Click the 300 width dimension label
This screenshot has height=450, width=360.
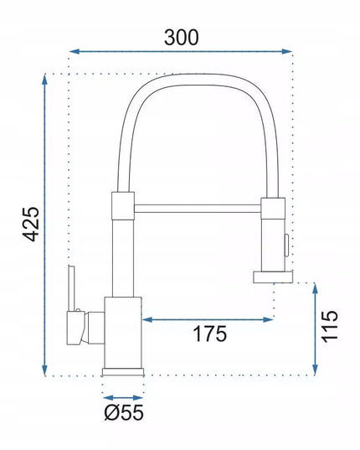tap(181, 38)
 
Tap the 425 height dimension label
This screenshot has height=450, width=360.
tap(31, 224)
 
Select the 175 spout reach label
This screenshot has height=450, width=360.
tap(210, 334)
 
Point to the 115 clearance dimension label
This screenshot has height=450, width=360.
tap(329, 326)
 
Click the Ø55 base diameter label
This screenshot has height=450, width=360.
tap(124, 412)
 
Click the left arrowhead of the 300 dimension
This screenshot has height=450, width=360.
tap(75, 51)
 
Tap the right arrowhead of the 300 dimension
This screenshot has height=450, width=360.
tap(286, 51)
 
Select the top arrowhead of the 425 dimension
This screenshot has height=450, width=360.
tap(44, 80)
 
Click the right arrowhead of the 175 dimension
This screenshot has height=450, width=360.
tap(268, 319)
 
